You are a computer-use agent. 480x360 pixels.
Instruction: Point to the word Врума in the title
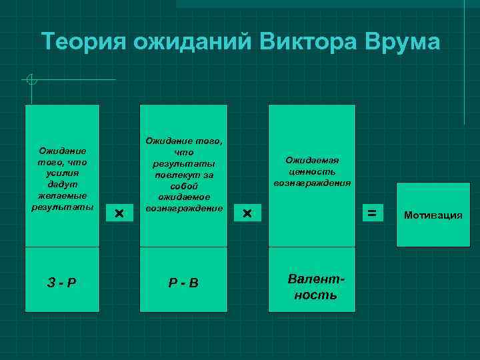[x=402, y=41]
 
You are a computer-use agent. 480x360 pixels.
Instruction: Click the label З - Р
[x=62, y=281]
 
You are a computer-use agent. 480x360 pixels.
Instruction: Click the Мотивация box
[x=433, y=215]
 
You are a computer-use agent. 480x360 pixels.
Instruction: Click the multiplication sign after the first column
[x=119, y=213]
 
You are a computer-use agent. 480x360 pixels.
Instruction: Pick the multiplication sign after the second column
[x=247, y=213]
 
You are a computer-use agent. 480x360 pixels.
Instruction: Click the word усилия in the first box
[x=62, y=172]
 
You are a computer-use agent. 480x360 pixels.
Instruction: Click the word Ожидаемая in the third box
[x=312, y=160]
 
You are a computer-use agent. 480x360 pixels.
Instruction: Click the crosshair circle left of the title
[x=31, y=80]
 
